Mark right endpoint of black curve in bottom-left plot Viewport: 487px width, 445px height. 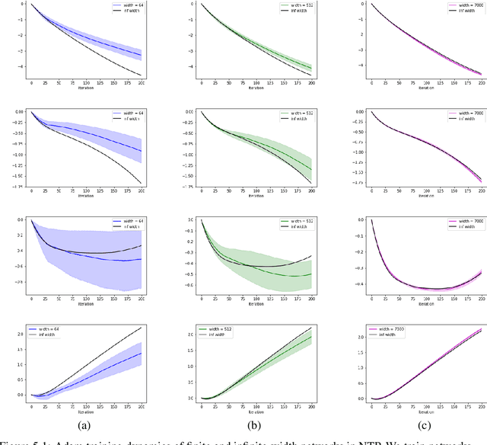pos(142,327)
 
